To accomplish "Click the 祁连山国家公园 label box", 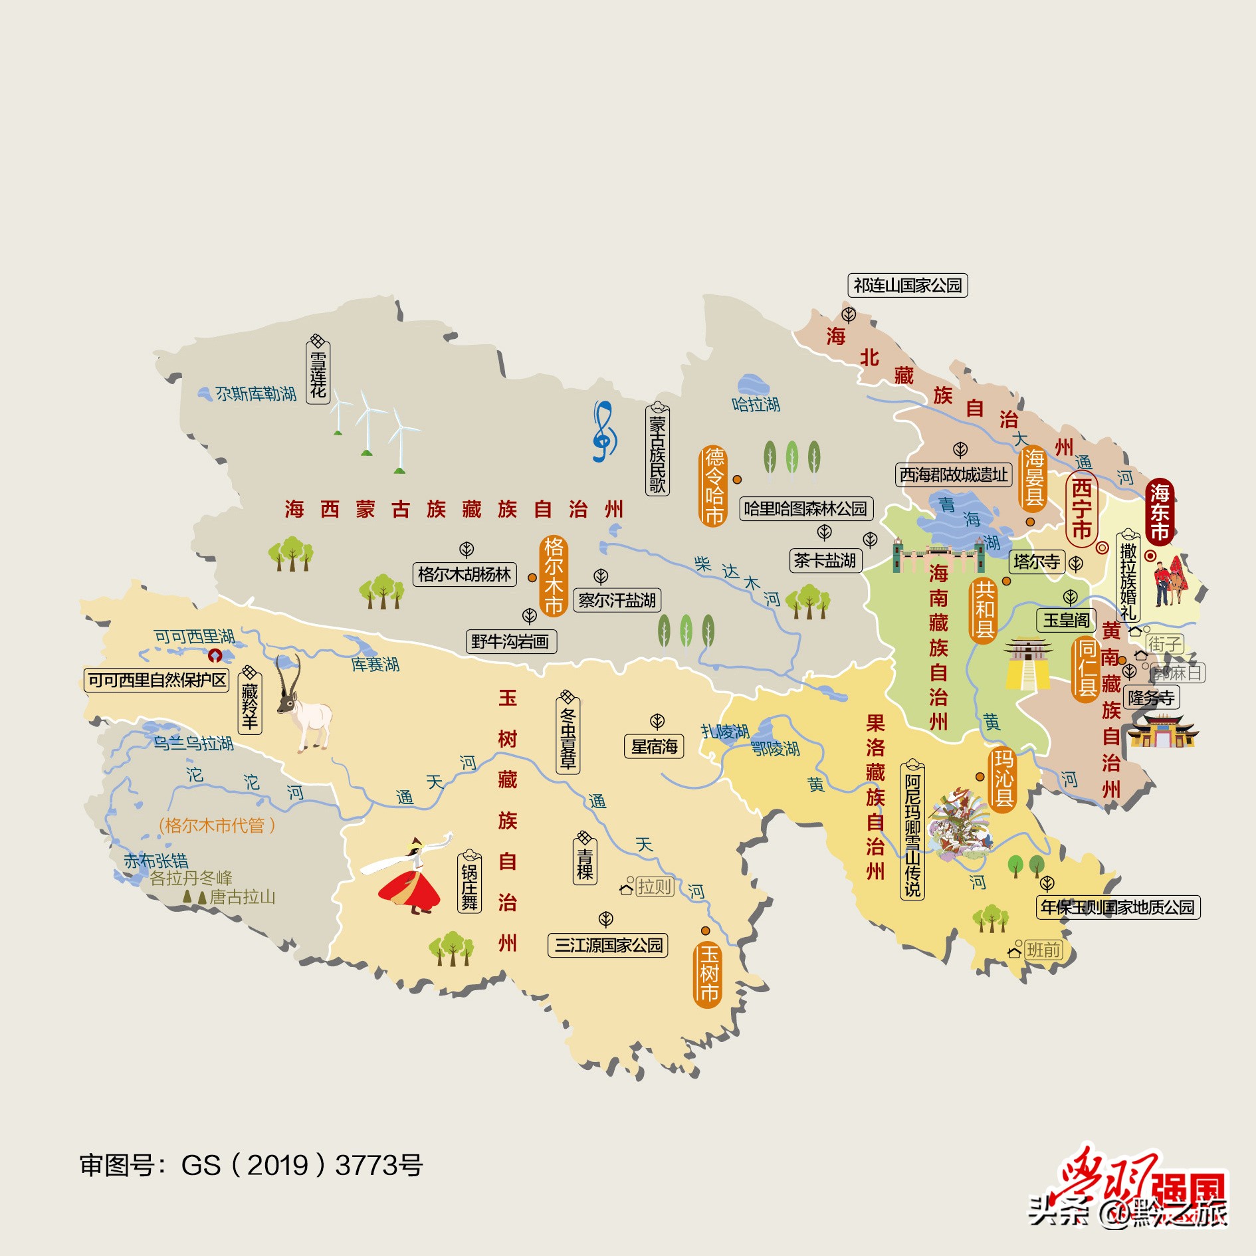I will (x=907, y=286).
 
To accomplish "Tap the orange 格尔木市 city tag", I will (x=554, y=576).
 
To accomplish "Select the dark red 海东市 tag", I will (x=1160, y=512).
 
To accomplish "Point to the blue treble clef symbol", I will (x=603, y=431).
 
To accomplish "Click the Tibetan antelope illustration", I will (x=302, y=708).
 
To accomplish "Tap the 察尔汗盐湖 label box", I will (x=617, y=601).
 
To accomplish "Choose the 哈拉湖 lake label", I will (x=756, y=404).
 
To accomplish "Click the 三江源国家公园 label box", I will (x=608, y=945).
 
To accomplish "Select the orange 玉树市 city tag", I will (x=708, y=974).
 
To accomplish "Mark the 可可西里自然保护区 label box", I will (x=157, y=680).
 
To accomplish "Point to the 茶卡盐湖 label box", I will (x=825, y=561).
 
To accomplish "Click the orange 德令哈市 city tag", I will (x=714, y=486).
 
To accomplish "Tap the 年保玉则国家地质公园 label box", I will (x=1118, y=908).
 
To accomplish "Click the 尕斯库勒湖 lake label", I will (x=255, y=394).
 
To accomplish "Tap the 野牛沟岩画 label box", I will (x=510, y=642).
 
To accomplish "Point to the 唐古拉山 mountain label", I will (x=243, y=897).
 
